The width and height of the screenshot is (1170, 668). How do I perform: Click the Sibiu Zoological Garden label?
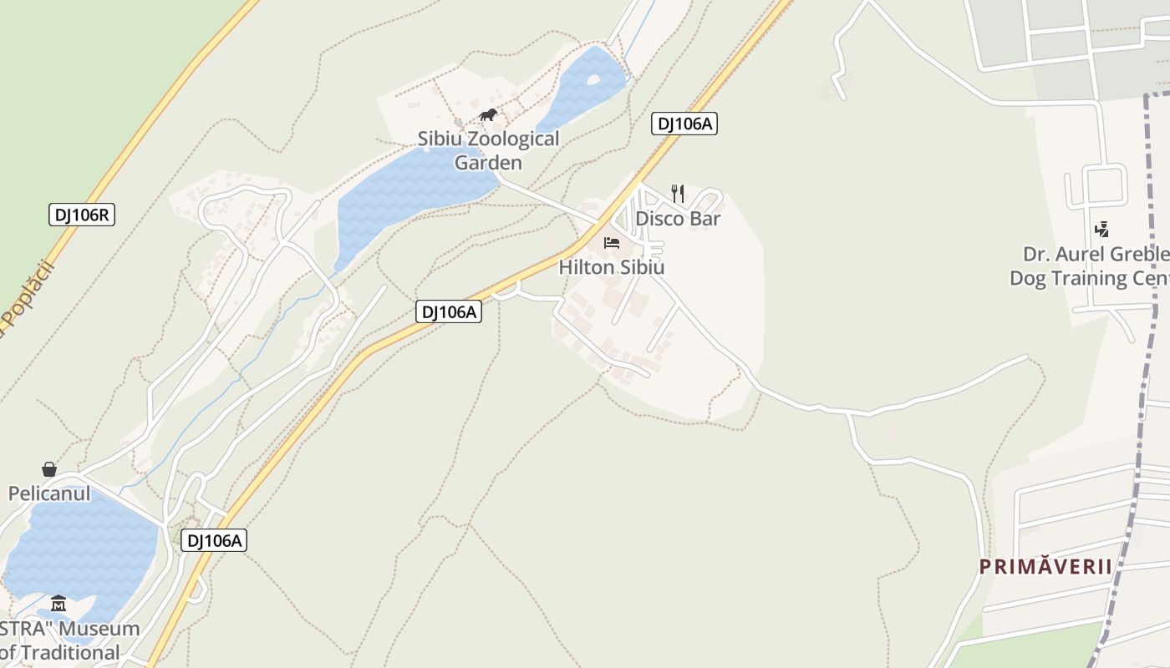coord(488,150)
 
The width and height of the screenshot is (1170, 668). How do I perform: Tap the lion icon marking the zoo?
coord(488,114)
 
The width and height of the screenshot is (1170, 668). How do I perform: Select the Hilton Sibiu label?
coord(611,267)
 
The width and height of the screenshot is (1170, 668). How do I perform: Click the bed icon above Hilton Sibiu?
coord(612,243)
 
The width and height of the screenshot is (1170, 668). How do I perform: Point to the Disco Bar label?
coord(678,219)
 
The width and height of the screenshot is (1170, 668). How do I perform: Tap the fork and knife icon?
coord(678,194)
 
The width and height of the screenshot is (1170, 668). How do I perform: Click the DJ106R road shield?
coord(81,215)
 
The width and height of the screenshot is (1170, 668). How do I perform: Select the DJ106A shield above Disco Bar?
coord(684,124)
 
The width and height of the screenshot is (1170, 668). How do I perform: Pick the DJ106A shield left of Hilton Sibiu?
coord(449,311)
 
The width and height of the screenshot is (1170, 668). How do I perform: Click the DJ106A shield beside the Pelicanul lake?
coord(214,540)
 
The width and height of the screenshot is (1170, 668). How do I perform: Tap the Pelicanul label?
coord(49,493)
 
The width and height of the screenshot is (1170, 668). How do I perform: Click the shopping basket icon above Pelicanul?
coord(49,469)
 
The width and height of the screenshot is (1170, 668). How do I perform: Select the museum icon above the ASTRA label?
coord(58,603)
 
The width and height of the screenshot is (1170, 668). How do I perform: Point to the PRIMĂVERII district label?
coord(1045,567)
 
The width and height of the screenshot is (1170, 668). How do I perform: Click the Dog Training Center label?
coord(1086,277)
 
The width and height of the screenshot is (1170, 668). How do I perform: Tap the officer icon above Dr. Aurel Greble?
coord(1101,229)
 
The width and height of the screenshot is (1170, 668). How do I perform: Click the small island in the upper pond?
coord(593,81)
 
